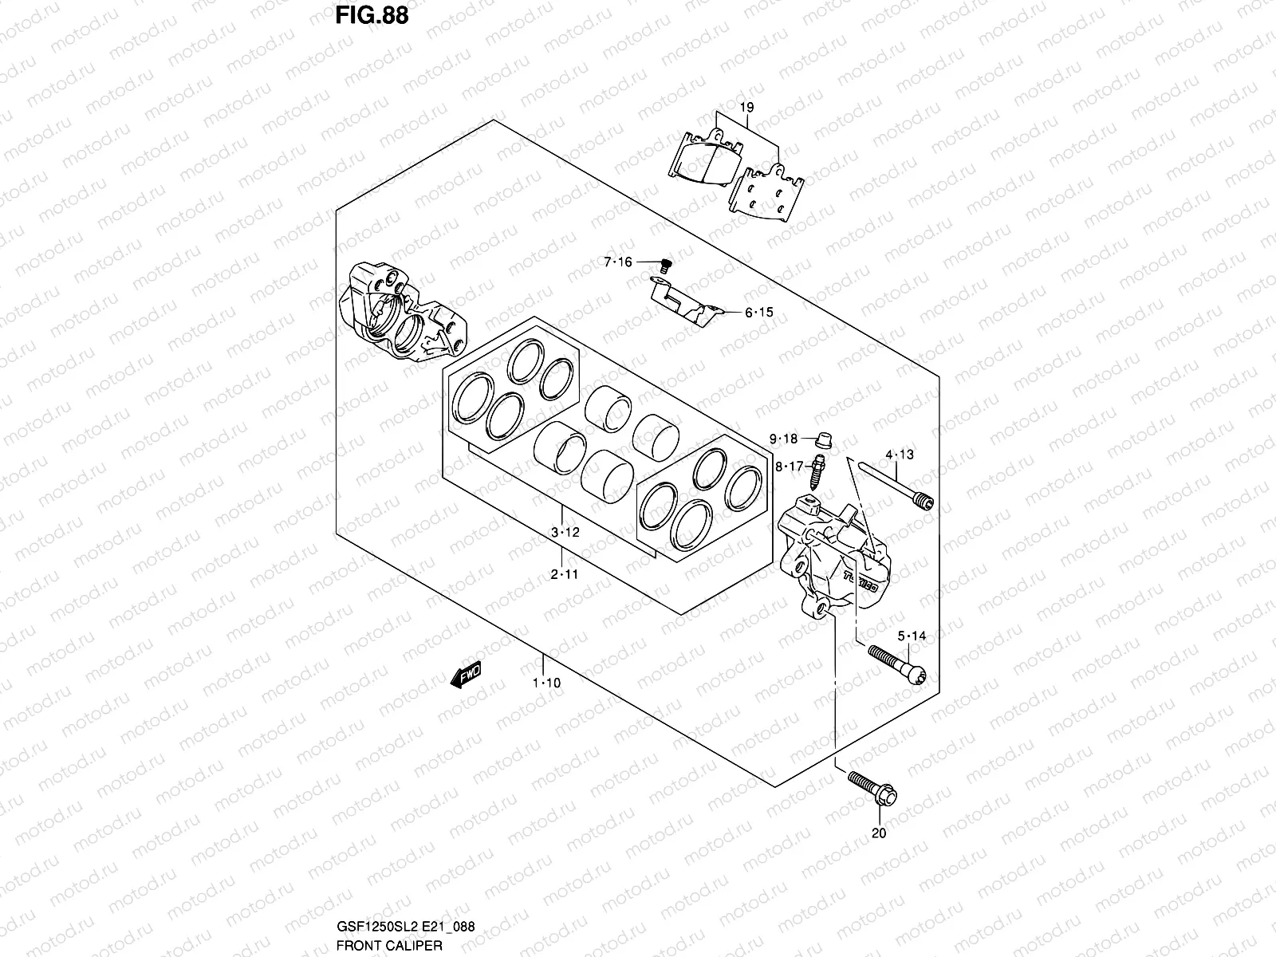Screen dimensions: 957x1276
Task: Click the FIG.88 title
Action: pyautogui.click(x=367, y=16)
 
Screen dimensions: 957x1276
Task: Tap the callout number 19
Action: pyautogui.click(x=746, y=107)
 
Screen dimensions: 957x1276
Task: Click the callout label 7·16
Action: pyautogui.click(x=617, y=262)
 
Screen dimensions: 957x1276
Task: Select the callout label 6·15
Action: pyautogui.click(x=759, y=313)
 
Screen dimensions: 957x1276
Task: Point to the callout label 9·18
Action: pyautogui.click(x=783, y=439)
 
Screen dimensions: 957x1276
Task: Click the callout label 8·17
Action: pyautogui.click(x=789, y=467)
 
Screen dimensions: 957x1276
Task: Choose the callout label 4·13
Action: pyautogui.click(x=900, y=455)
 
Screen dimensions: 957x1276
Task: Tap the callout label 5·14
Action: pyautogui.click(x=912, y=636)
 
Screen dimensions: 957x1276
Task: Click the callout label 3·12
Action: pyautogui.click(x=564, y=533)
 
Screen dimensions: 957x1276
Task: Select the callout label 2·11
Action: pyautogui.click(x=564, y=574)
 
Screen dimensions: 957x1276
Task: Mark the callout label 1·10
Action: pyautogui.click(x=546, y=683)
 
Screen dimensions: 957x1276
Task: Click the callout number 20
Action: pyautogui.click(x=879, y=834)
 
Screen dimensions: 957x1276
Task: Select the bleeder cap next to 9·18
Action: pyautogui.click(x=825, y=438)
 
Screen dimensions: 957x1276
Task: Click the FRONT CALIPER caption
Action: pyautogui.click(x=384, y=946)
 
